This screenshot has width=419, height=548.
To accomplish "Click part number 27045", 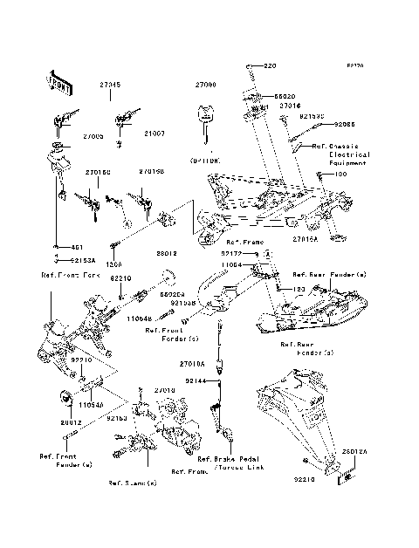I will coord(110,85).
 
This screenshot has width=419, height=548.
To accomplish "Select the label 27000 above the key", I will coord(204,85).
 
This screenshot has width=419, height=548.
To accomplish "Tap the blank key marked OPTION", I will coord(204,127).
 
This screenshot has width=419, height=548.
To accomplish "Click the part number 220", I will coord(268,66).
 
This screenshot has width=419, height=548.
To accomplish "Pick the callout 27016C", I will coord(98,173).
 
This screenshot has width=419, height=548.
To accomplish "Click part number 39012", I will coord(168,253).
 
